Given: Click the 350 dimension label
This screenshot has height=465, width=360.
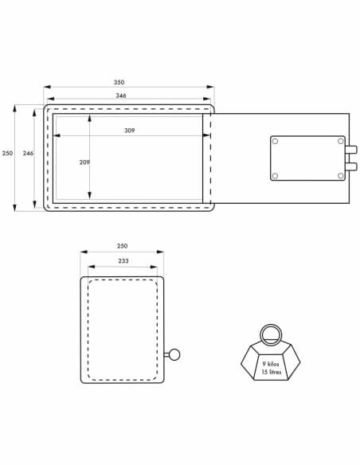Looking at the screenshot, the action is click(119, 82).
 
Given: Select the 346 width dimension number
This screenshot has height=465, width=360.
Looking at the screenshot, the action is click(121, 96).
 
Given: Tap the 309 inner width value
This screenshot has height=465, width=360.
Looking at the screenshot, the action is click(129, 131).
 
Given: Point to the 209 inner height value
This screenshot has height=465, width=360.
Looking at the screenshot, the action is click(84, 162).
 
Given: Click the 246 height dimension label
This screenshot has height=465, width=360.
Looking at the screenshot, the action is click(28, 153).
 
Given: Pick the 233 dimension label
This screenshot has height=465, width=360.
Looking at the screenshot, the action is click(123, 260).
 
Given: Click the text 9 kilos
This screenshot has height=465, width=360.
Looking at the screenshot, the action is click(271, 364).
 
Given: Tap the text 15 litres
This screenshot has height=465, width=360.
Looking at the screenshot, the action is click(272, 372).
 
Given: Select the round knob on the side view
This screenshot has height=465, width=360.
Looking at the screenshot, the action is click(174, 354).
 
